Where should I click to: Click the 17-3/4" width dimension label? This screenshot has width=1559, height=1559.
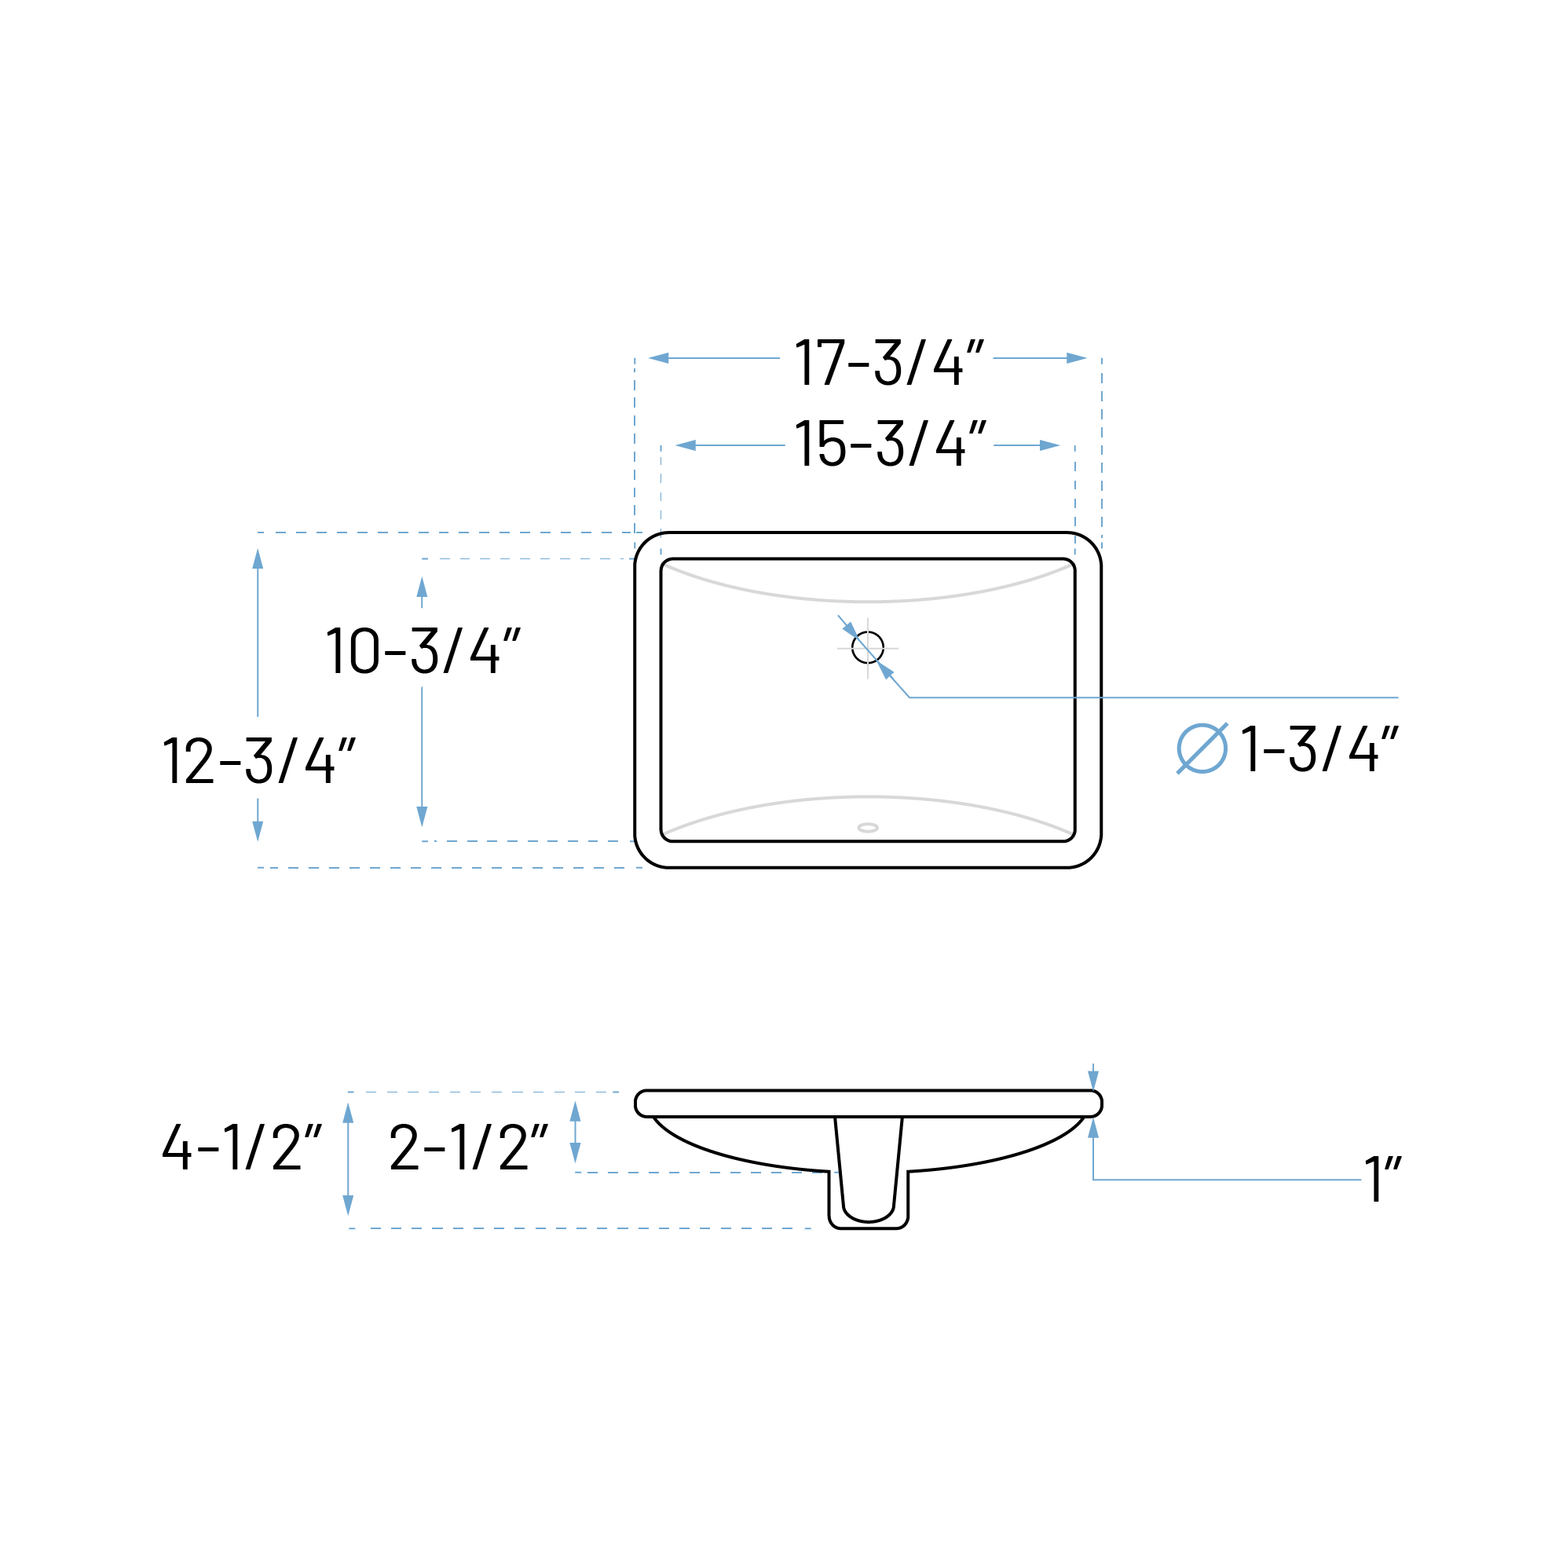(889, 362)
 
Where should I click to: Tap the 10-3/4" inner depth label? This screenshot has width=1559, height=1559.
(423, 650)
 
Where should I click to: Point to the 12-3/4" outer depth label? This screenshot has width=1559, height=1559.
(259, 759)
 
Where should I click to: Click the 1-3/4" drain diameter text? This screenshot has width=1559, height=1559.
(1319, 748)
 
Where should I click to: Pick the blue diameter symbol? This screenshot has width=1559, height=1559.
(1202, 748)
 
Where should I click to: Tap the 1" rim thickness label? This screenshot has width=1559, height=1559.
(1382, 1178)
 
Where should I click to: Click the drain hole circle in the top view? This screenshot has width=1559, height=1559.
(867, 647)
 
